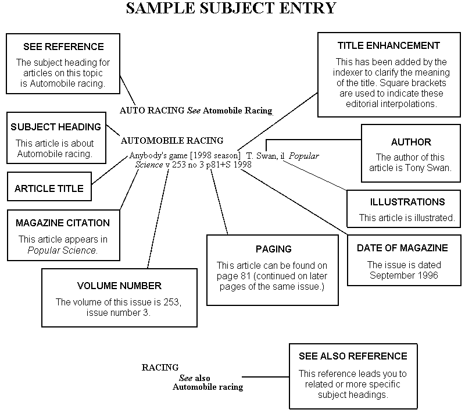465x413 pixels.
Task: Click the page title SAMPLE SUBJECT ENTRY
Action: coord(231,8)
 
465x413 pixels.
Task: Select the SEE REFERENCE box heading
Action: coord(63,47)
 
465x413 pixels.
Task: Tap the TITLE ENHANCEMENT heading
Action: coord(389,45)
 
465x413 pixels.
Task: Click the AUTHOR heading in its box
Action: coord(411,142)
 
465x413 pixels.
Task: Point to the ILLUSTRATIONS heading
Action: coord(407,202)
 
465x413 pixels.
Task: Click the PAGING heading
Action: coord(273,249)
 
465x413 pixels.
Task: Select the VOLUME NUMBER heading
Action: coord(119,286)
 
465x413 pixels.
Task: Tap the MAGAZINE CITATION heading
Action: coord(62,223)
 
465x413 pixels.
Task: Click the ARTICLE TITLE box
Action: coord(49,188)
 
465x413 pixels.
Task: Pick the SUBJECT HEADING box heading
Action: coord(55,127)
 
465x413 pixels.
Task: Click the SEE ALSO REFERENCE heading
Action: coord(353,356)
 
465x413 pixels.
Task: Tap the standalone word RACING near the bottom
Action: coord(160,368)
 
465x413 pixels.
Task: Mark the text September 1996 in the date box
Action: coord(403,275)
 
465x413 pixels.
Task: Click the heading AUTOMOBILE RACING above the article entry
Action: coord(171,140)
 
